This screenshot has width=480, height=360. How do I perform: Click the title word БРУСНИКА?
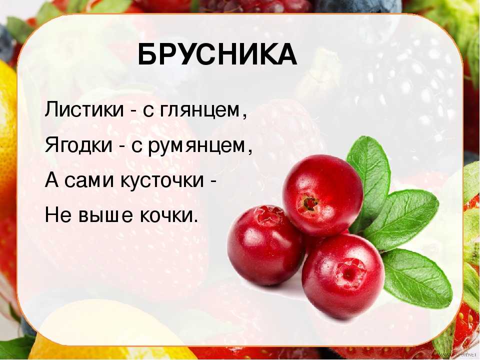[217, 55]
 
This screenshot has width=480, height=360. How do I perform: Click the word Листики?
[84, 109]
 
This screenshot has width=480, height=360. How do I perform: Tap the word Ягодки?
[78, 145]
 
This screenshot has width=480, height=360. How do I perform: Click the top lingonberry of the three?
[322, 195]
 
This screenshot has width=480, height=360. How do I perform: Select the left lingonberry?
[265, 245]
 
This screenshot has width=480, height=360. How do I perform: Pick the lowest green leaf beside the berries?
[416, 278]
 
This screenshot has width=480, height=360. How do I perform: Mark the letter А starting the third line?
[51, 180]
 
